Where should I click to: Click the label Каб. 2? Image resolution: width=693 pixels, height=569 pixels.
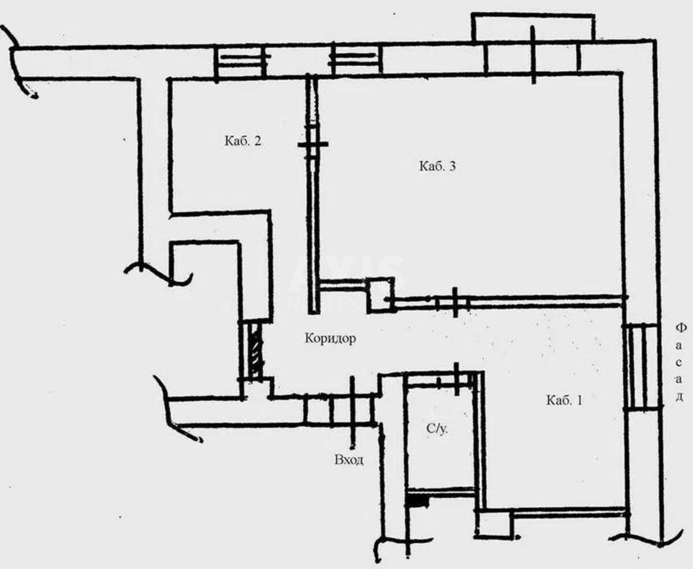[x=243, y=141]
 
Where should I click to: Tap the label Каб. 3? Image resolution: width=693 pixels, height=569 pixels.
[x=437, y=166]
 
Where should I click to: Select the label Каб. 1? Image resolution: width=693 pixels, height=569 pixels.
[x=565, y=401]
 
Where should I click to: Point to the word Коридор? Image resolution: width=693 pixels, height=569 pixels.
[x=330, y=338]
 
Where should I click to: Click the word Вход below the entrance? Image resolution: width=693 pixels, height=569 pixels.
[x=349, y=460]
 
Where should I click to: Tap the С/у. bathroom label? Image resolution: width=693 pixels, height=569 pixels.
[x=437, y=429]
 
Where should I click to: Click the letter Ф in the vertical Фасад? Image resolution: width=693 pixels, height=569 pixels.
[x=681, y=328]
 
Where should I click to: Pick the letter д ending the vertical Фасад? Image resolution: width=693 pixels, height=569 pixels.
[x=680, y=397]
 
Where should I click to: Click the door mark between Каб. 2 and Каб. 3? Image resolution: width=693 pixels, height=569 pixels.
[x=312, y=144]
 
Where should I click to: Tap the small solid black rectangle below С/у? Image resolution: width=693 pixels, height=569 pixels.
[x=418, y=502]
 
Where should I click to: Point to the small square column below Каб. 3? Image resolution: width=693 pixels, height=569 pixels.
[x=380, y=295]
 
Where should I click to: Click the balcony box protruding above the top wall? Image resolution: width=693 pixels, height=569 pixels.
[x=533, y=27]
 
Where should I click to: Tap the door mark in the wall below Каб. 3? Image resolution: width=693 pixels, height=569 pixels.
[x=454, y=302]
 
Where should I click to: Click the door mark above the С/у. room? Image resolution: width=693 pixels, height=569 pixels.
[x=456, y=379]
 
